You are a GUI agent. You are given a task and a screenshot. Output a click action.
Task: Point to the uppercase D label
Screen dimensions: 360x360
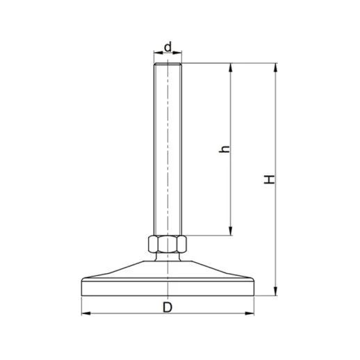click(x=167, y=306)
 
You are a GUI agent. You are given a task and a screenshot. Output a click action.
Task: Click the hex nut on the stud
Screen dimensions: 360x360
click(x=167, y=245)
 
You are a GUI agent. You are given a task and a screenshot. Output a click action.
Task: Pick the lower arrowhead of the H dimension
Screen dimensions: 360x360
click(x=277, y=291)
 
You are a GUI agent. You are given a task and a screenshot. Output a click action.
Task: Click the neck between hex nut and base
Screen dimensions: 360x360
click(x=167, y=258)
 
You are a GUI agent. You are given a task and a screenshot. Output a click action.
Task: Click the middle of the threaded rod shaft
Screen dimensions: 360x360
click(x=167, y=149)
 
